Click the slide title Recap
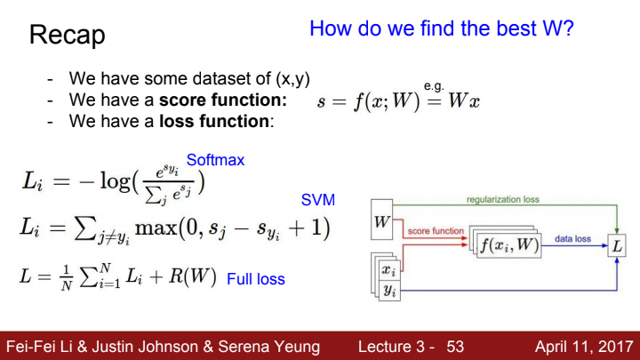pyautogui.click(x=68, y=36)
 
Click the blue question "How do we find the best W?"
pyautogui.click(x=442, y=28)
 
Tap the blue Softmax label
pyautogui.click(x=215, y=160)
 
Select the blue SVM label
pyautogui.click(x=318, y=200)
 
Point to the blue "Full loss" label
pyautogui.click(x=256, y=279)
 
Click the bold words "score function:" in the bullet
pyautogui.click(x=223, y=100)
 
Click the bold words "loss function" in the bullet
pyautogui.click(x=214, y=121)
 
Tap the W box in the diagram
pyautogui.click(x=381, y=220)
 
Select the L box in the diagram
pyautogui.click(x=617, y=245)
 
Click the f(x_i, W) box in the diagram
pyautogui.click(x=510, y=245)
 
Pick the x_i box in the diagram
pyautogui.click(x=389, y=270)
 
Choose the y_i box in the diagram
pyautogui.click(x=390, y=291)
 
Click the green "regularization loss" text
pyautogui.click(x=503, y=200)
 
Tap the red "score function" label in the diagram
pyautogui.click(x=436, y=231)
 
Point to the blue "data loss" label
pyautogui.click(x=572, y=239)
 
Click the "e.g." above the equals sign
pyautogui.click(x=434, y=86)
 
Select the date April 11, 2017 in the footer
pyautogui.click(x=584, y=347)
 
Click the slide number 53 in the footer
pyautogui.click(x=455, y=347)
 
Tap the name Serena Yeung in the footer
pyautogui.click(x=269, y=347)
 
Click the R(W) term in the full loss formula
pyautogui.click(x=192, y=276)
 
